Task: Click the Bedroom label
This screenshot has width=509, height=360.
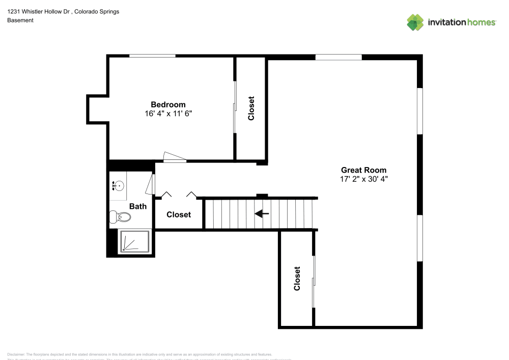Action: [x=168, y=105]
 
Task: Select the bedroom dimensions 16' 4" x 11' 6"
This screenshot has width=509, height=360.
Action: [x=168, y=114]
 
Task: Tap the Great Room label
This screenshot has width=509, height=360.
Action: [x=363, y=170]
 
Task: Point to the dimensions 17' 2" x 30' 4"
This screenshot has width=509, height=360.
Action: [x=363, y=179]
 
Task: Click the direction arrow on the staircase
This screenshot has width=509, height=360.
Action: [x=262, y=214]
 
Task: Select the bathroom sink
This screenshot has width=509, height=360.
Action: [x=118, y=186]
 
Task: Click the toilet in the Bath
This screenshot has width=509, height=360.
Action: [x=121, y=217]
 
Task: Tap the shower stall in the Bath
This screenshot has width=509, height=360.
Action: [x=134, y=241]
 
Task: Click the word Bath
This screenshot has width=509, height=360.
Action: [x=138, y=206]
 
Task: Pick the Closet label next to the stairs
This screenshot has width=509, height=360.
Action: [x=179, y=215]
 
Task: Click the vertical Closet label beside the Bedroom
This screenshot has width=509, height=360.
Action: [x=251, y=108]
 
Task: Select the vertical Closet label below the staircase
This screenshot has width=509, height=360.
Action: [x=297, y=279]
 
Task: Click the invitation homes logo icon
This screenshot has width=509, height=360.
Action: [x=415, y=22]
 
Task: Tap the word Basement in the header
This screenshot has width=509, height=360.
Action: [x=20, y=20]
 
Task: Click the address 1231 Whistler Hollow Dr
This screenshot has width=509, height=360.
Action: [x=39, y=11]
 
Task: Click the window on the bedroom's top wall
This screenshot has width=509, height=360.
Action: [x=152, y=56]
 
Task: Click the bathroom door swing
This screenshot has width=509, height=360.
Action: [x=150, y=185]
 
